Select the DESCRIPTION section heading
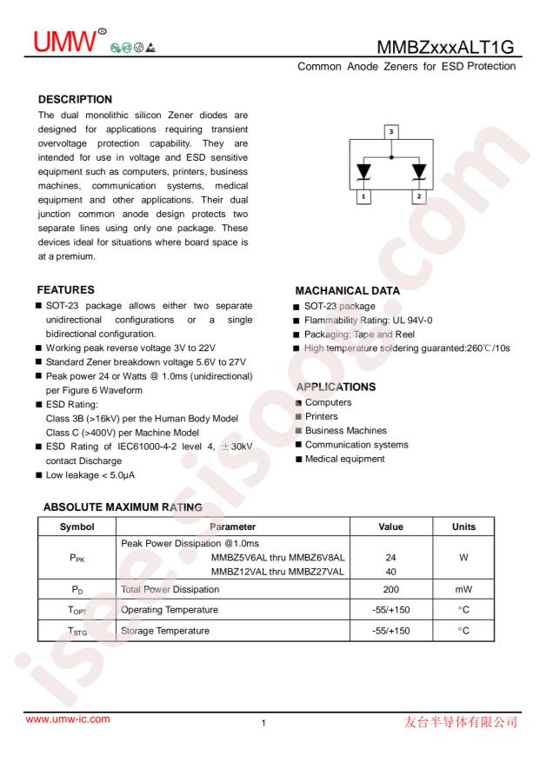click(x=75, y=100)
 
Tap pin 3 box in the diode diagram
click(x=391, y=132)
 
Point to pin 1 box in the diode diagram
click(x=363, y=197)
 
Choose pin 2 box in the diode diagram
click(x=419, y=197)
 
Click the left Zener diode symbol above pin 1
click(x=363, y=171)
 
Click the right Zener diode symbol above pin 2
click(x=419, y=171)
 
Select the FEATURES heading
click(x=65, y=289)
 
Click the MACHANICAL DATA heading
click(x=348, y=291)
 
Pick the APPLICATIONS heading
click(x=336, y=387)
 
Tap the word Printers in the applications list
click(x=322, y=416)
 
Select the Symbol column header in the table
click(x=77, y=527)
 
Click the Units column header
click(x=463, y=527)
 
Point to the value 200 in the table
click(x=391, y=589)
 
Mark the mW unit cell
click(x=463, y=589)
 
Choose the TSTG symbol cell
click(x=77, y=631)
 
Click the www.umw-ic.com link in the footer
click(x=69, y=719)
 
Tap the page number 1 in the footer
click(x=263, y=723)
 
